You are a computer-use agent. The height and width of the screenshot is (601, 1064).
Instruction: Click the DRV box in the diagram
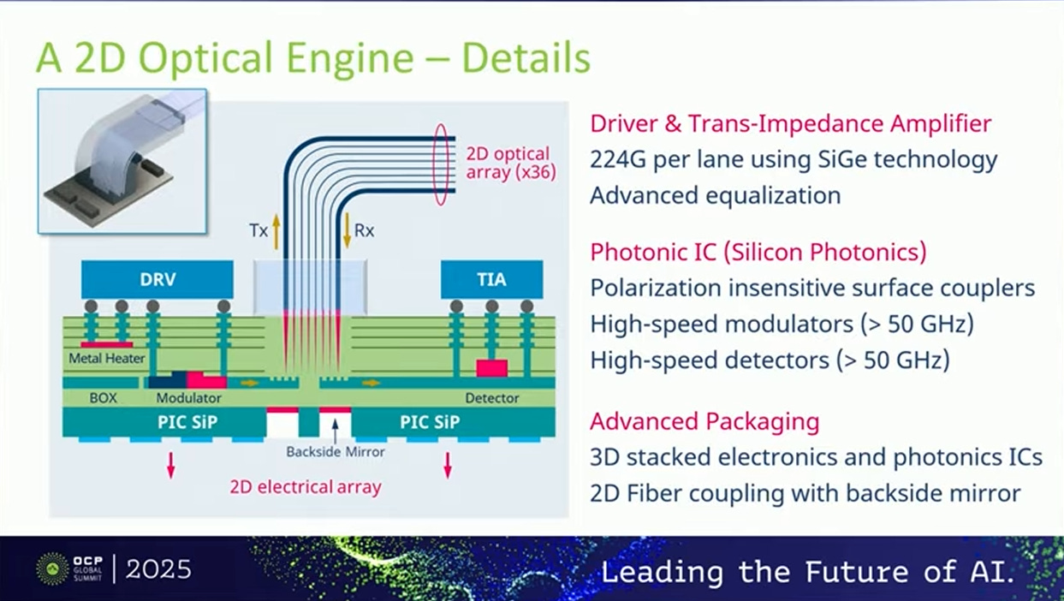(157, 280)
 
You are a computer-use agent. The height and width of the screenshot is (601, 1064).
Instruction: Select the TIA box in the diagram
(491, 280)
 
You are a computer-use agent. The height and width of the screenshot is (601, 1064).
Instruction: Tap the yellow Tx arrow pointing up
(276, 231)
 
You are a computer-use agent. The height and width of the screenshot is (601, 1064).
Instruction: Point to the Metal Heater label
(107, 358)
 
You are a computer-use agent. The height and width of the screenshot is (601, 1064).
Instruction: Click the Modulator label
(188, 398)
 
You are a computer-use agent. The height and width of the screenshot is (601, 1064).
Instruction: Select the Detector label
(491, 398)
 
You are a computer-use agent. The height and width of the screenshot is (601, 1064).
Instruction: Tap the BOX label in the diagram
(103, 398)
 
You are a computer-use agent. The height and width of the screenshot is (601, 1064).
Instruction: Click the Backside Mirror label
(336, 451)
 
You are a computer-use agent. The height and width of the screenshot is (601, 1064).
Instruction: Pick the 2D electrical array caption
(305, 487)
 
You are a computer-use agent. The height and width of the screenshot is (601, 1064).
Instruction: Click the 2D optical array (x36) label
(510, 163)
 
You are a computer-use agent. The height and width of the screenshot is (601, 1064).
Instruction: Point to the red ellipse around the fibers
(442, 164)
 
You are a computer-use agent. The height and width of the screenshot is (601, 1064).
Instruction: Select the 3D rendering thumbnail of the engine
(122, 160)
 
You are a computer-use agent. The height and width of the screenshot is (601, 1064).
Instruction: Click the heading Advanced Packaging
(704, 421)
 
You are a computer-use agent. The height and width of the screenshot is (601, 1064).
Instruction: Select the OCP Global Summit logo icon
(52, 568)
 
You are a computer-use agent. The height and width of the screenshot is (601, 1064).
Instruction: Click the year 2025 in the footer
(159, 569)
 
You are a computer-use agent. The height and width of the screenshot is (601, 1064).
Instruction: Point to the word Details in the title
(526, 58)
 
